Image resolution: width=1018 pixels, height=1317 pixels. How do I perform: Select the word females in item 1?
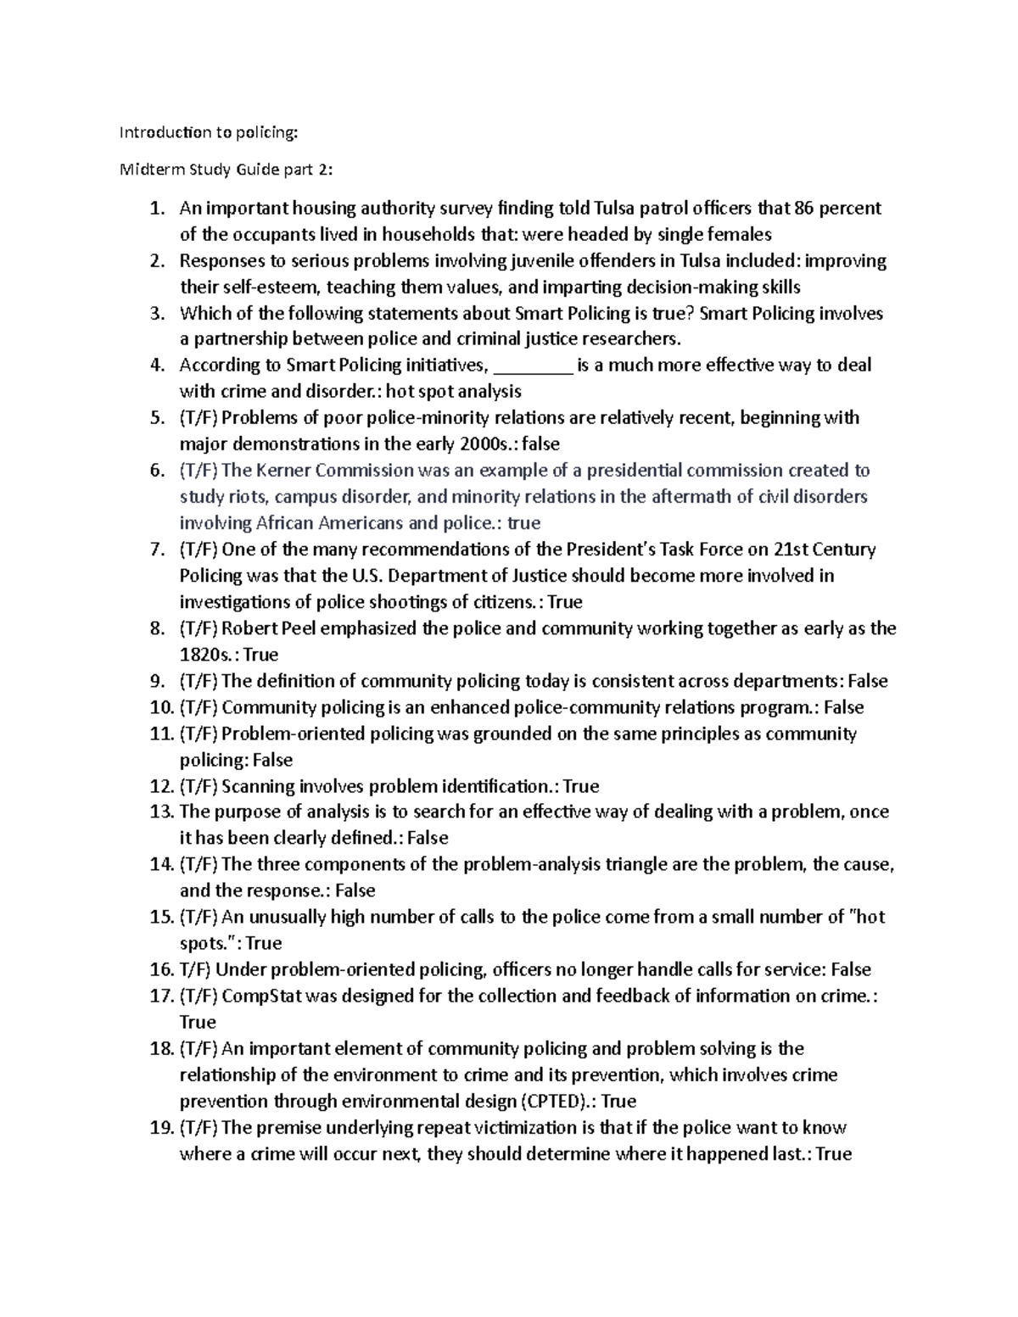coord(739,234)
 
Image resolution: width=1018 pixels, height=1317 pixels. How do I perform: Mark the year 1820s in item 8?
coord(207,655)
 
